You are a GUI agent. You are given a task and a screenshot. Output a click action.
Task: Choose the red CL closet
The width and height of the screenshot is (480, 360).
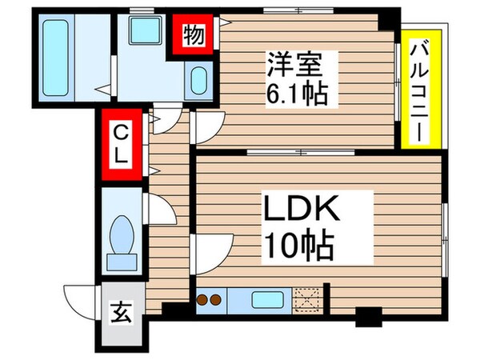(x=120, y=143)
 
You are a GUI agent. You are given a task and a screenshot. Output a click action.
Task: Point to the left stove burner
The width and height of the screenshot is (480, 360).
(x=203, y=301)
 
